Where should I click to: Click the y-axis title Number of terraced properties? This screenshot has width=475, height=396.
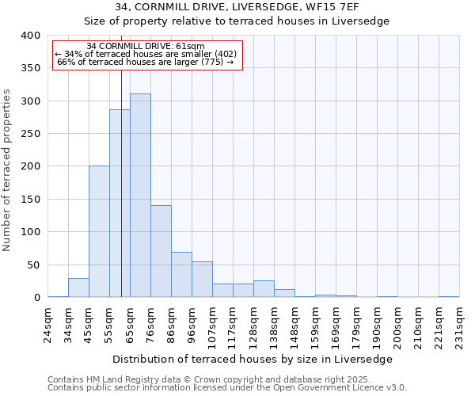pos(8,170)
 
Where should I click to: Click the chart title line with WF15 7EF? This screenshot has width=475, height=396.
pos(237,6)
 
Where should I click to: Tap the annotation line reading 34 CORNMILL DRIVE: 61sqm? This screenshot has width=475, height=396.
pos(146,46)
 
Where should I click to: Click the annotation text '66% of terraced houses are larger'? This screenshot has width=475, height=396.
pos(146,62)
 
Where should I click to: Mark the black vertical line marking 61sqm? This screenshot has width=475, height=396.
pos(121,198)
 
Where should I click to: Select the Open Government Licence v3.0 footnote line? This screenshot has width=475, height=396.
pos(226,388)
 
